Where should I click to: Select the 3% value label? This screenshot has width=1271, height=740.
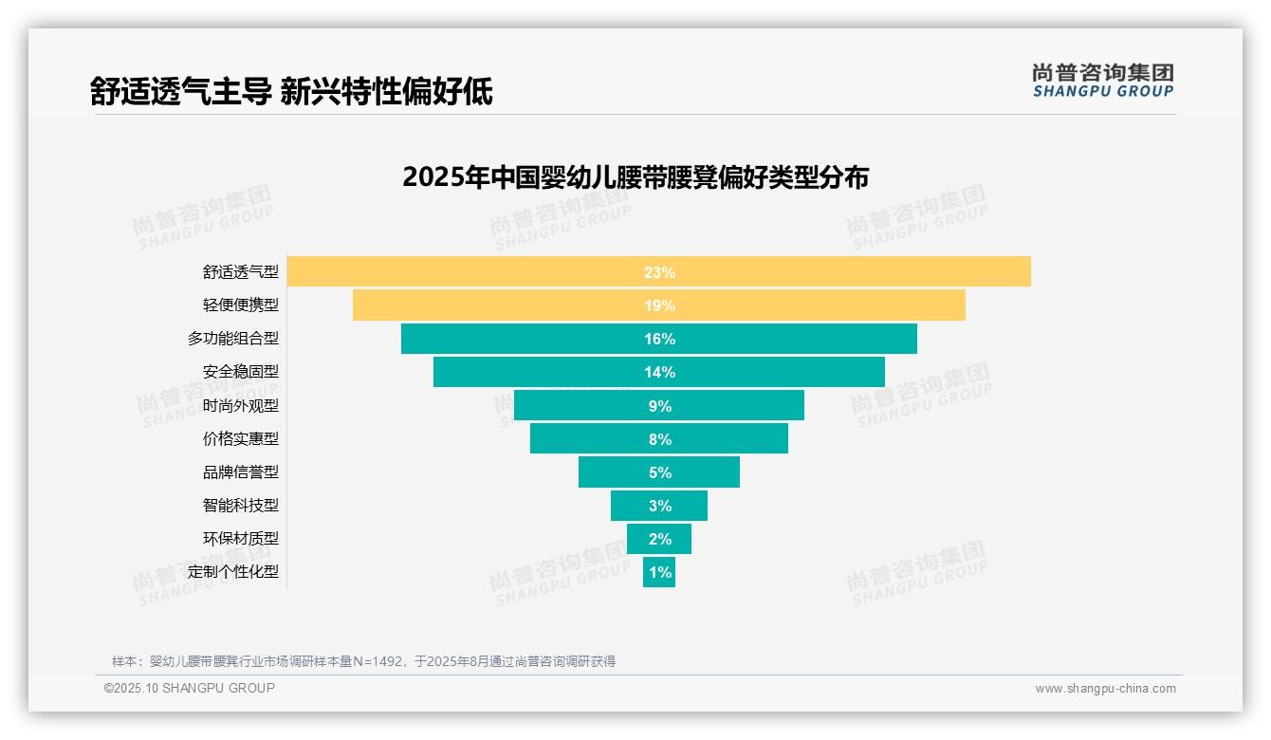tap(659, 506)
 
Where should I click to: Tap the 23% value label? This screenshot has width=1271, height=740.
tap(659, 272)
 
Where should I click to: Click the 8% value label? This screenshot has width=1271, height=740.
tap(659, 439)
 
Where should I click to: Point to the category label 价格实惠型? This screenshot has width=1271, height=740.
tap(241, 438)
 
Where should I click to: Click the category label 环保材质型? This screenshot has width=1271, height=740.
tap(241, 538)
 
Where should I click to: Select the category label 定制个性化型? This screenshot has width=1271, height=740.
tap(233, 571)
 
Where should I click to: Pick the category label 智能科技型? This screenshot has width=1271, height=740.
tap(241, 505)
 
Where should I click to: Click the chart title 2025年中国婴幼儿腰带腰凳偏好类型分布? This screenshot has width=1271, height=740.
tap(635, 177)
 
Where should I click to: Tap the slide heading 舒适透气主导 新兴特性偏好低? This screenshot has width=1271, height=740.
tap(291, 91)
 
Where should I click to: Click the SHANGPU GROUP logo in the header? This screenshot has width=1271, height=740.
tap(1102, 81)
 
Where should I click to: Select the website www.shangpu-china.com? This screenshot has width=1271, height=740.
tap(1105, 689)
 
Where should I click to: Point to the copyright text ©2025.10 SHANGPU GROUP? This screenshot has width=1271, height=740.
tap(190, 688)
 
